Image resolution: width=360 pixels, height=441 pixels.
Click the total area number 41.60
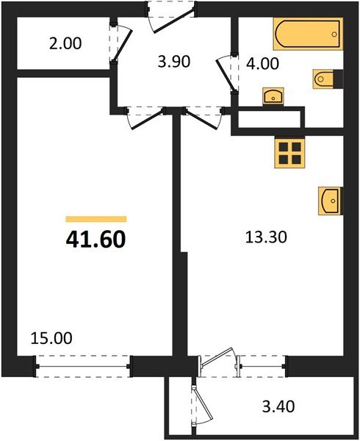96,239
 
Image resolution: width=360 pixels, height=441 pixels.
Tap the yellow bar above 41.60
96,219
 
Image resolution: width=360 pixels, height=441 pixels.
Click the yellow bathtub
307,34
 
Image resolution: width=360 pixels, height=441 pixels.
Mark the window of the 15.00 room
83,362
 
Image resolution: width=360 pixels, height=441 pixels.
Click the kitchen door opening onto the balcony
219,360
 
